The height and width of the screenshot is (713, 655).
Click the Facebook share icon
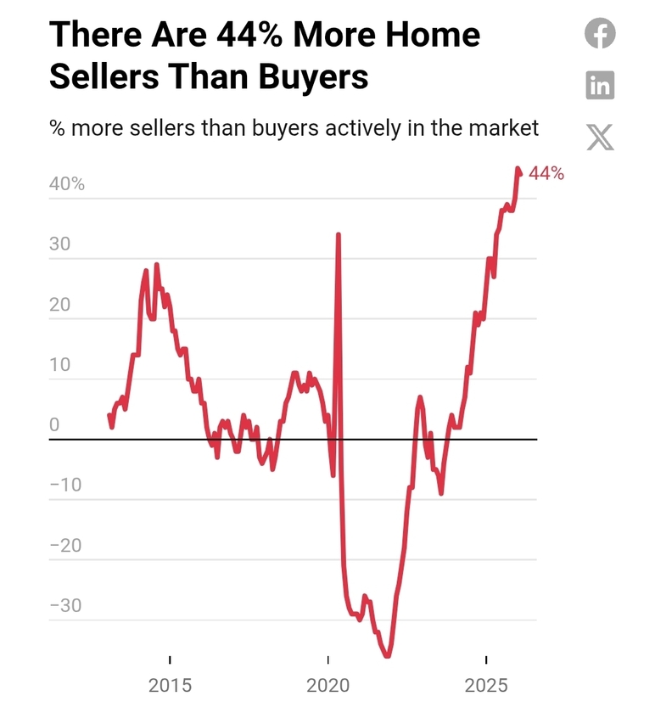tap(601, 34)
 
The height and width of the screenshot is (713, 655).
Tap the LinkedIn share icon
tap(601, 85)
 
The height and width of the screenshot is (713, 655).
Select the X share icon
tap(601, 136)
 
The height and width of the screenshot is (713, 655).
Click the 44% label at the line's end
tap(546, 173)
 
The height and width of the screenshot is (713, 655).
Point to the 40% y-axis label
tap(67, 184)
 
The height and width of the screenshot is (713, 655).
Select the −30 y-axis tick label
tap(66, 606)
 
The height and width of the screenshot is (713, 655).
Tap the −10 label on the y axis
tap(66, 486)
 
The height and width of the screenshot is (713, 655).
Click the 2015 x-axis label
tap(170, 685)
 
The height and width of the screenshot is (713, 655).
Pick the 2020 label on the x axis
tap(328, 685)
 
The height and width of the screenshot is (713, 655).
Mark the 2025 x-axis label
tap(486, 685)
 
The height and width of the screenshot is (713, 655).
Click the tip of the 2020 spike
tap(339, 234)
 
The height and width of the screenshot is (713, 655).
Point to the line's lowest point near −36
tap(388, 655)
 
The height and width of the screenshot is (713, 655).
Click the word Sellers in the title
tap(104, 76)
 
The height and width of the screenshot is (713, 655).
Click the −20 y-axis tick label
tap(66, 546)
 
